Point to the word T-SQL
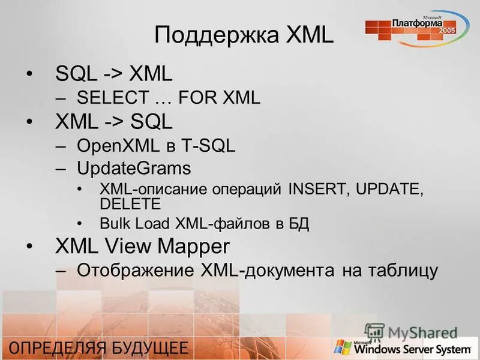(209, 145)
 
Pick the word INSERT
(318, 190)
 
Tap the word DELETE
(130, 203)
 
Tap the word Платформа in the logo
(417, 22)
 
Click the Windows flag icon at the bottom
(343, 347)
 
